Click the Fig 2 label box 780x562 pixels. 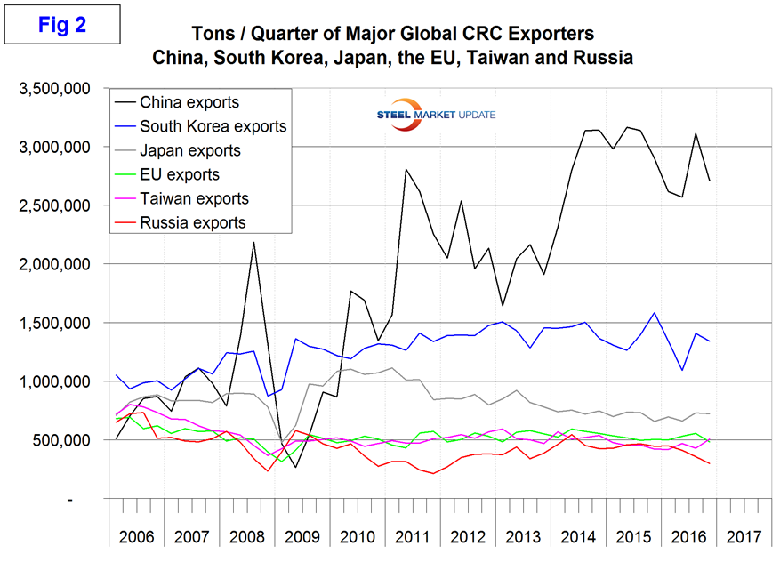[x=61, y=25]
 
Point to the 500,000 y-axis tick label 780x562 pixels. [x=62, y=440]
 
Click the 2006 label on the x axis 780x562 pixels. [x=136, y=539]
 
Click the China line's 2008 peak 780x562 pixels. [x=254, y=242]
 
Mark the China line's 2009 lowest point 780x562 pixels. [x=294, y=467]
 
